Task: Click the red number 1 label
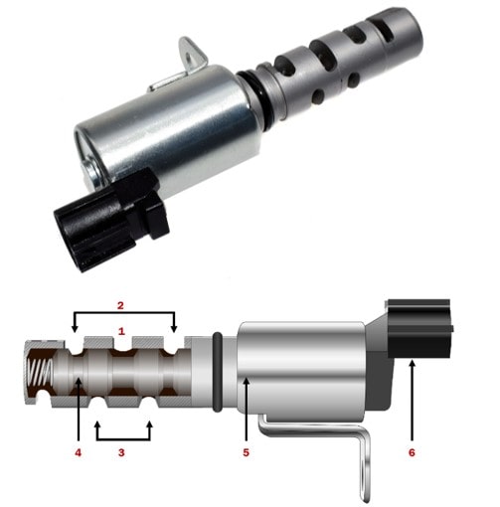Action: point(121,331)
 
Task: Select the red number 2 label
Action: point(120,305)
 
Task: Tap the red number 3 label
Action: point(121,452)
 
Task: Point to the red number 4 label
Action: point(78,452)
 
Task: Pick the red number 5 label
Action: point(246,452)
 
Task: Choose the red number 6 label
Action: point(412,452)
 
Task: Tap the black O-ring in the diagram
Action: point(217,372)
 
